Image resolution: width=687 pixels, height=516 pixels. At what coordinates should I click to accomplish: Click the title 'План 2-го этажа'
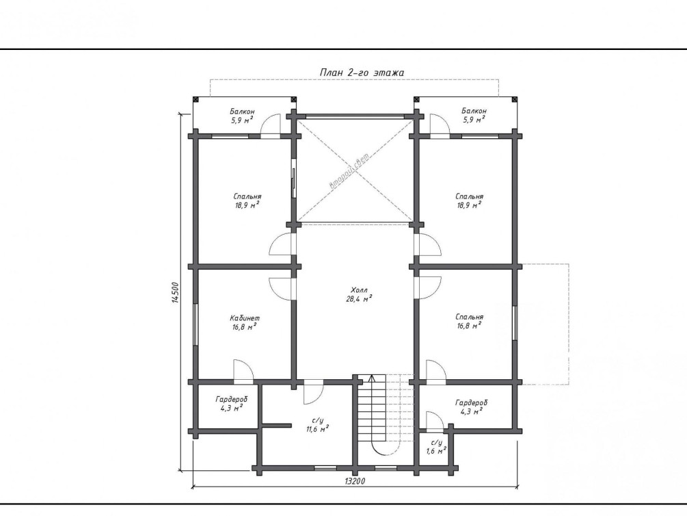[x=362, y=73]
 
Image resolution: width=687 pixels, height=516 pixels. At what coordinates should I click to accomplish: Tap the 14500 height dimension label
[x=176, y=292]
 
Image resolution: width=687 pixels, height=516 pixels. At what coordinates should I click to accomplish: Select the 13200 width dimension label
[x=355, y=481]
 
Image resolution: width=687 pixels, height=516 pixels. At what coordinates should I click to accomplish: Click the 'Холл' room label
[x=360, y=290]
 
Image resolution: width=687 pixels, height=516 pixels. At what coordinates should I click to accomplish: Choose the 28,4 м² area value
[x=359, y=299]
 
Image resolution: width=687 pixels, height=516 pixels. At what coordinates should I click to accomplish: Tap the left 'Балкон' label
[x=242, y=112]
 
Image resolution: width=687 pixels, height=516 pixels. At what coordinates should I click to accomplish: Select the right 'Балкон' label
[x=474, y=111]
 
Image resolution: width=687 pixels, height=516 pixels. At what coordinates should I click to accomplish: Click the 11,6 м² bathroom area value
[x=318, y=428]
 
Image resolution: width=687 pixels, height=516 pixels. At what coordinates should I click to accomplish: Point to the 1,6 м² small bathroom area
[x=436, y=450]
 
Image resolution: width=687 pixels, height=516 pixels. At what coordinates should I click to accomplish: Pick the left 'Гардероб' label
[x=231, y=399]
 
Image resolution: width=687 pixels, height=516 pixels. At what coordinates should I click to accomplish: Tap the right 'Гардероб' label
[x=472, y=402]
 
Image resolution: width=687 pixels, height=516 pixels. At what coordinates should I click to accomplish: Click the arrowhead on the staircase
[x=372, y=378]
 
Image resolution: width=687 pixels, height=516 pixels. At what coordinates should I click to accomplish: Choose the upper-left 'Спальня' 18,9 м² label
[x=247, y=201]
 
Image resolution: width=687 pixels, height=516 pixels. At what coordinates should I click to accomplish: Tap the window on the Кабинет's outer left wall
[x=195, y=324]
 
